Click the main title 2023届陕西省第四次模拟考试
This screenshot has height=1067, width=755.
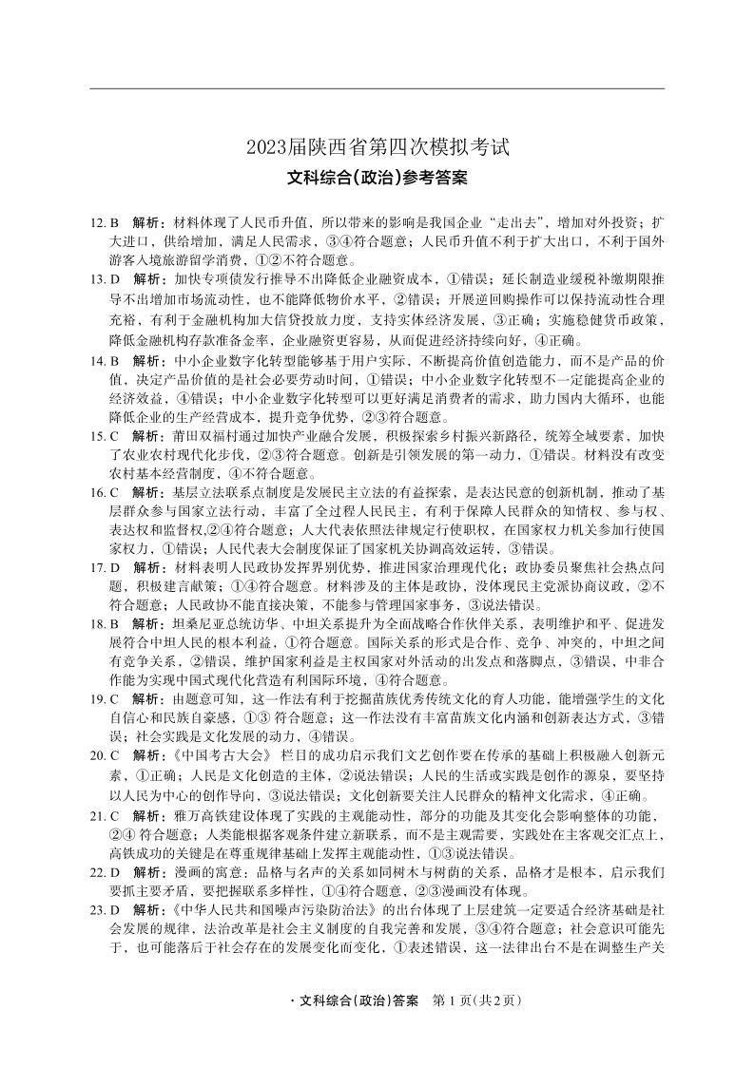377,147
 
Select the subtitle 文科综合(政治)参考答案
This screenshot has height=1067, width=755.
377,177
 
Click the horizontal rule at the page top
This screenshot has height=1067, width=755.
377,89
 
